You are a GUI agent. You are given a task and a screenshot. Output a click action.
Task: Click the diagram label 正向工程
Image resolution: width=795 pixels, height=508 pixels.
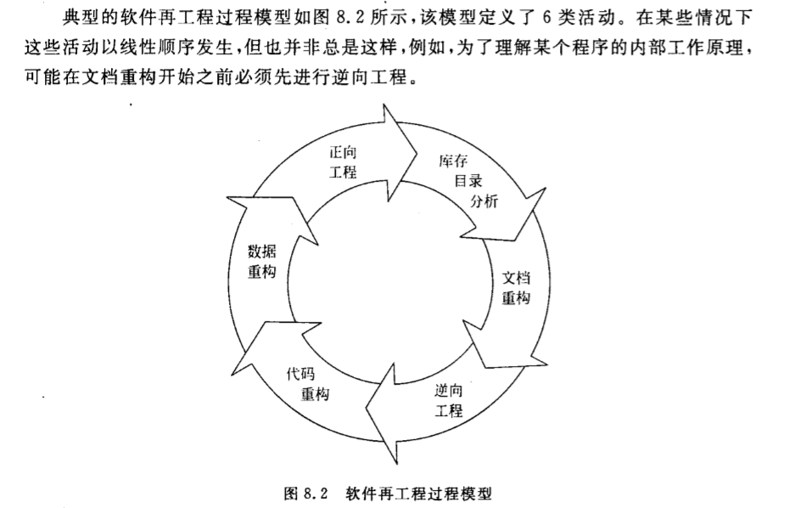click(x=343, y=162)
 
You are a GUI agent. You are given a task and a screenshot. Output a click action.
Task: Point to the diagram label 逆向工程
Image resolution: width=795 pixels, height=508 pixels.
click(x=449, y=399)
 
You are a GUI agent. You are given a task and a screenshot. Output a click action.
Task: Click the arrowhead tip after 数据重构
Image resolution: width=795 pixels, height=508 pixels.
click(x=228, y=199)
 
